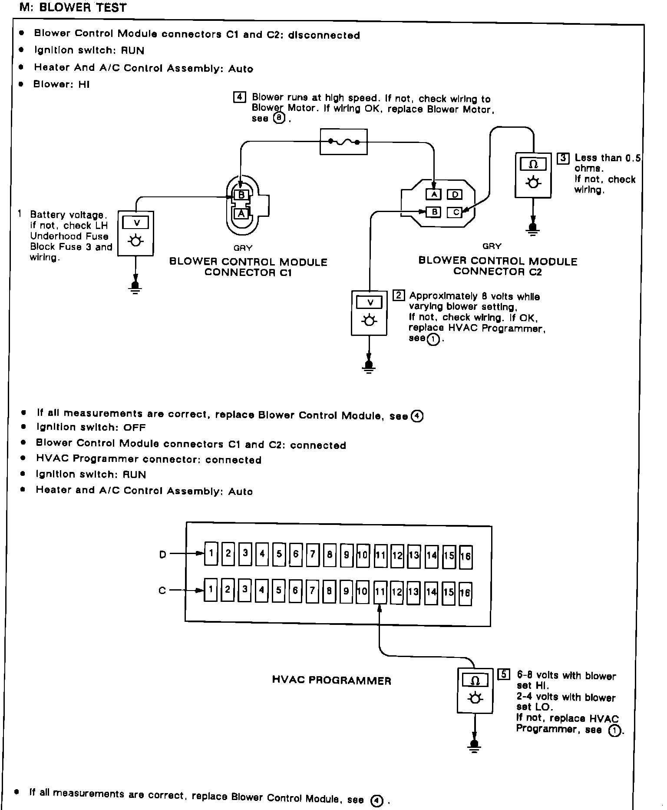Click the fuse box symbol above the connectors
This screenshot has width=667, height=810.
[x=343, y=142]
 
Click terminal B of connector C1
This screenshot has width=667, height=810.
[x=241, y=195]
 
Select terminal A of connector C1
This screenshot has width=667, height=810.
[x=241, y=213]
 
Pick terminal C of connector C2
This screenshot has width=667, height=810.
[x=455, y=212]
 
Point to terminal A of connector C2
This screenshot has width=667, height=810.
[x=434, y=194]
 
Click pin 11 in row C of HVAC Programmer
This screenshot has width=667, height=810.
[x=380, y=591]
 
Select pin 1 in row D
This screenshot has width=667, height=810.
[x=211, y=553]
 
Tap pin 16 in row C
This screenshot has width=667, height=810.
[x=465, y=593]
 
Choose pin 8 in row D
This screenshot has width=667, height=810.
[x=330, y=554]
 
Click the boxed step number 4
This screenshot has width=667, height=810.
[x=239, y=97]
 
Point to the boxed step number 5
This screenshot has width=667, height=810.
[x=503, y=674]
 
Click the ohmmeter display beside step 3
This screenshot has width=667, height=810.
[x=533, y=165]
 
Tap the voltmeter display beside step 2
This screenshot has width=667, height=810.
[x=370, y=302]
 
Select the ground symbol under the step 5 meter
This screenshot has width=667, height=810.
[x=475, y=746]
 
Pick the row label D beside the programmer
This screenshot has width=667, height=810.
[x=163, y=554]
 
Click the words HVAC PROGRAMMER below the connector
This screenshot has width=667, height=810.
[x=331, y=681]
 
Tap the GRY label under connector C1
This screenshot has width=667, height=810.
[x=243, y=248]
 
